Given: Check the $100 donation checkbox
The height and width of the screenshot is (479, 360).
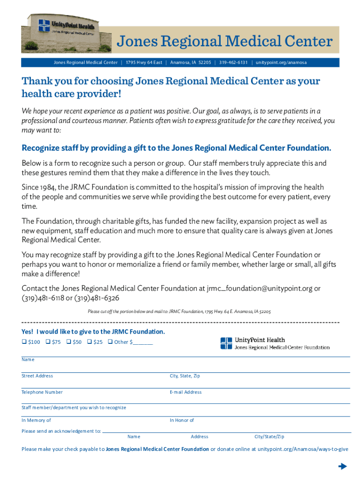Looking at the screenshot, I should (x=24, y=341).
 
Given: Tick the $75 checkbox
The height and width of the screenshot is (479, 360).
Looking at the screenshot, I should (x=48, y=341).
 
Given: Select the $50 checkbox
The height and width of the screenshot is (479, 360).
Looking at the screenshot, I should (x=69, y=341).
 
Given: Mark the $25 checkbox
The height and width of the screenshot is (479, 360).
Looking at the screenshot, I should (x=89, y=341).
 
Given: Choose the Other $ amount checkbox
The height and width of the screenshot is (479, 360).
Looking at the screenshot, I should (x=110, y=341).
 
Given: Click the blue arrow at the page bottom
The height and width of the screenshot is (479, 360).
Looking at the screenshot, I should (x=342, y=466).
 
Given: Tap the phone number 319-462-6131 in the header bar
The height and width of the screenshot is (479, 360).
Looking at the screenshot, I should (x=233, y=63).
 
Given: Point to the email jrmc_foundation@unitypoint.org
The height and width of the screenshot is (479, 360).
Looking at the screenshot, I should (x=259, y=289).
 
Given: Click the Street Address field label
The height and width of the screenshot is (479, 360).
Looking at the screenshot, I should (x=37, y=376).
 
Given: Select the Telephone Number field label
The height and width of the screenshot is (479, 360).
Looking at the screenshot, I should (x=42, y=392).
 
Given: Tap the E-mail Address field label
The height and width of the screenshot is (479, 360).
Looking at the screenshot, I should (x=186, y=392).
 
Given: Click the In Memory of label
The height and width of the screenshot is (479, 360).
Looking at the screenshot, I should (x=36, y=421).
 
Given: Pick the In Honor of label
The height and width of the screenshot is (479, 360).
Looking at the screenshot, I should (x=182, y=421).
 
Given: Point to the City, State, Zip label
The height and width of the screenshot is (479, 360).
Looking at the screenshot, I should (x=185, y=376).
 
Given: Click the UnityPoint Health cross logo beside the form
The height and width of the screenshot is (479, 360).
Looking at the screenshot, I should (x=226, y=343).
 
